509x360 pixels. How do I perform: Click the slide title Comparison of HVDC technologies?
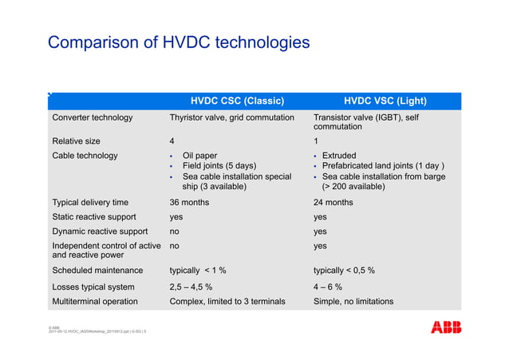click(x=178, y=42)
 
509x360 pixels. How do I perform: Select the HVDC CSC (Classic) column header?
click(x=237, y=101)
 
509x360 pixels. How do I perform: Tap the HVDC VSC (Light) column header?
click(x=385, y=101)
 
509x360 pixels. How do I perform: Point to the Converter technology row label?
click(x=92, y=118)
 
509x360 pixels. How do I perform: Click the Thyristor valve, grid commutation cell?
click(x=232, y=118)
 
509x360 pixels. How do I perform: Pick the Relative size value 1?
click(x=317, y=140)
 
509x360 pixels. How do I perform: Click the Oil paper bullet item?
click(x=199, y=156)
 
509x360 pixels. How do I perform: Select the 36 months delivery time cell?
click(x=190, y=202)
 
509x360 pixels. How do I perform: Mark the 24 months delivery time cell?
click(x=333, y=202)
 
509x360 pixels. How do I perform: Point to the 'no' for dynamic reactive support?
click(x=175, y=231)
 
